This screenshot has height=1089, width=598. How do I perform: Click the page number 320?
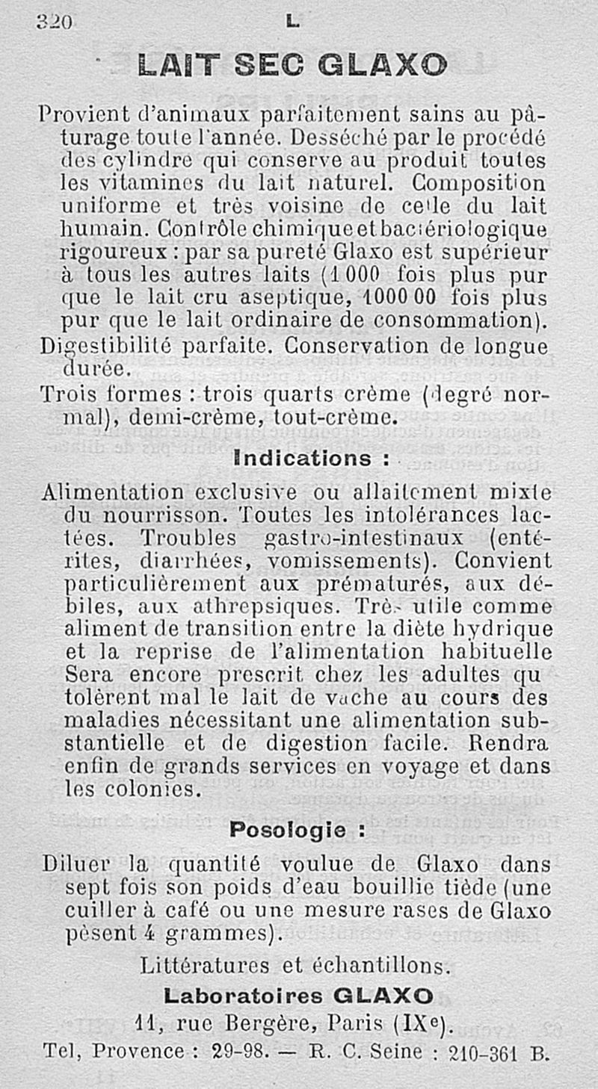54,22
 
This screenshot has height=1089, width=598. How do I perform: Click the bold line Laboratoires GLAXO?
298,996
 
